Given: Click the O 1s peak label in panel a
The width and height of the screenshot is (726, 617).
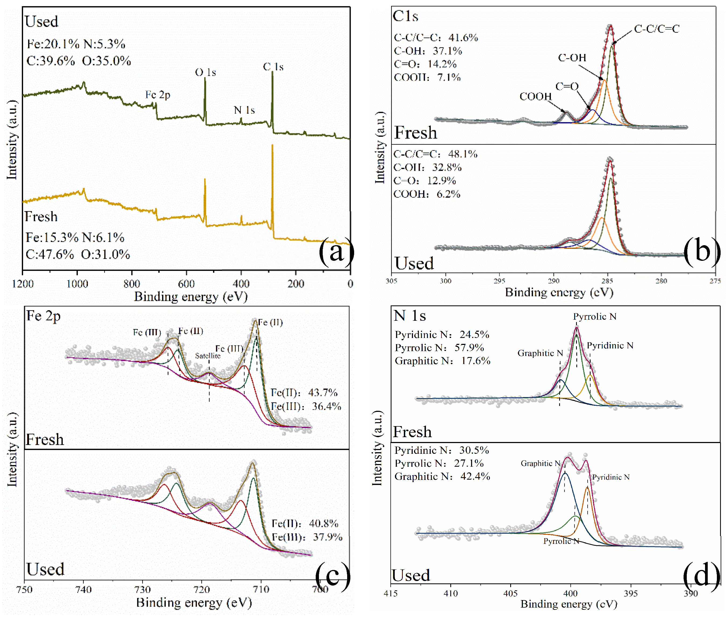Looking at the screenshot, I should click(205, 72).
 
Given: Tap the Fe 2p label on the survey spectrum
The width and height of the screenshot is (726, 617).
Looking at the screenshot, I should click(158, 95).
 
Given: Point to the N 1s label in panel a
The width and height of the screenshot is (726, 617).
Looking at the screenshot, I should click(244, 110).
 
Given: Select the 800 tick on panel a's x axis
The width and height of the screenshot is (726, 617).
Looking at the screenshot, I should click(131, 284).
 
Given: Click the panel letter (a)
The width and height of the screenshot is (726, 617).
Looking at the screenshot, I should click(336, 251).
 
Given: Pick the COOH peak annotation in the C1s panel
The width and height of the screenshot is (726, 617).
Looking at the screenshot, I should click(535, 97).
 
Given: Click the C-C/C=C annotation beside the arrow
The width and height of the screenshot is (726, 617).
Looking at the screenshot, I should click(656, 29).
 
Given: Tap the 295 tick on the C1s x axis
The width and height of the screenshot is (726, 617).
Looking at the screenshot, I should click(499, 281).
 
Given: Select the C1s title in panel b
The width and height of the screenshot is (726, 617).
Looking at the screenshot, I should click(405, 16).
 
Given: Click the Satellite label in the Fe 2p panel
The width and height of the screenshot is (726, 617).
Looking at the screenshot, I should click(208, 356).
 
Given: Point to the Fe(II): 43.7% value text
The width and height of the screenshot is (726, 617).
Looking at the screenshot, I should click(304, 393).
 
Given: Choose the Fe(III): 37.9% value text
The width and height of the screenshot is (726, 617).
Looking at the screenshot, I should click(307, 537).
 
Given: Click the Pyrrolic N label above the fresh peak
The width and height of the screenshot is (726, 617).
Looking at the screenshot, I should click(594, 316).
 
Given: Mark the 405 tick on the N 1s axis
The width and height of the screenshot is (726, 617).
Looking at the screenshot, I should click(510, 593).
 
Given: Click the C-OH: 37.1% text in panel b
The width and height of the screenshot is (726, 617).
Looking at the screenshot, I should click(428, 51).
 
